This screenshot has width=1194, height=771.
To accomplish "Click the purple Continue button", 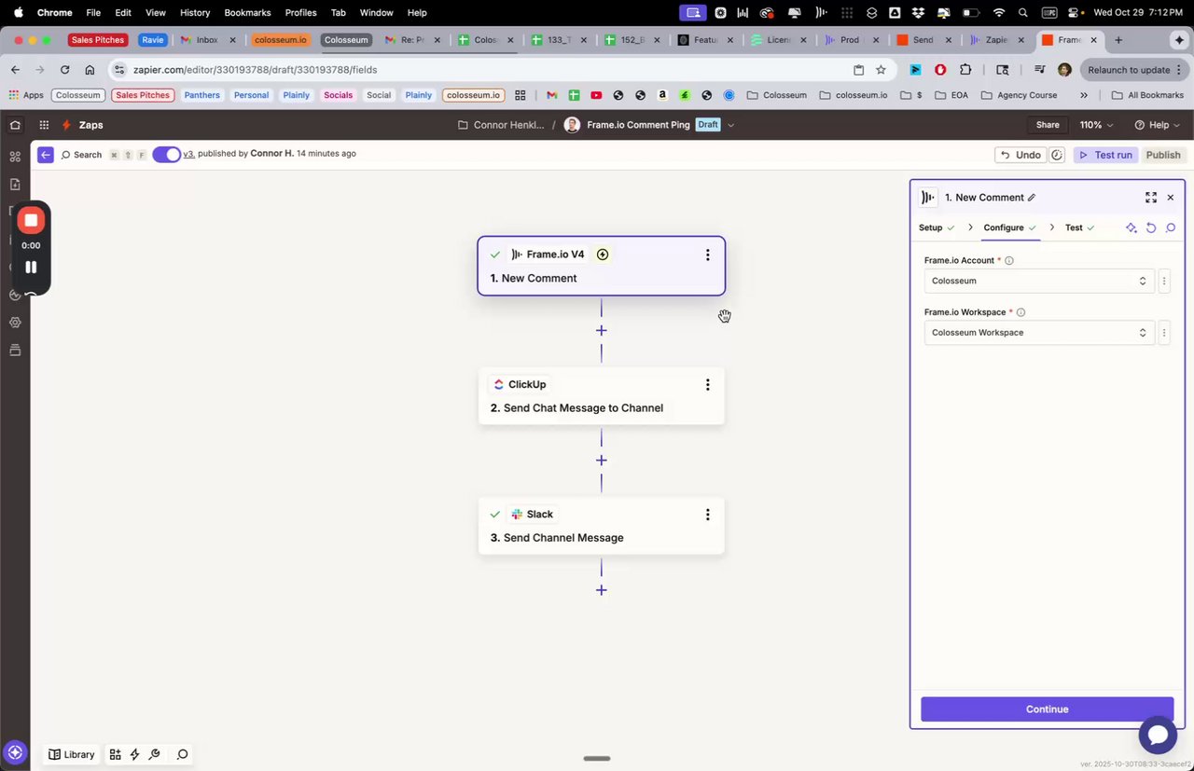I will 1047,709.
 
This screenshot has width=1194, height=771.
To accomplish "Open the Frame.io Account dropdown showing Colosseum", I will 1038,281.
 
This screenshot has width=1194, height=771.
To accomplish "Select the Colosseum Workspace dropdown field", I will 1038,333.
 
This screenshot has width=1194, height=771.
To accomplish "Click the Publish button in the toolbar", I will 1162,155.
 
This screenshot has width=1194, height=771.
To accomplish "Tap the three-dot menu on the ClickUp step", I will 707,384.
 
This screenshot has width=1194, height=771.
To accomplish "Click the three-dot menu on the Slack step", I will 707,514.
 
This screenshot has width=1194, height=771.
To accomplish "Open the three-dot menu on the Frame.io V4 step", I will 707,255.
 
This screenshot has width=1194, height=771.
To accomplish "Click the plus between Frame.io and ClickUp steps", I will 601,330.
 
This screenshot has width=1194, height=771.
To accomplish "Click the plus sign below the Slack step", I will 601,590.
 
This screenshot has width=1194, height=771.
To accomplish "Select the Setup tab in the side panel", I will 931,227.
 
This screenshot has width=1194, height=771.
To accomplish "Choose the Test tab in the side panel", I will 1074,227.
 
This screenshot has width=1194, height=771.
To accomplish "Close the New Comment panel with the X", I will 1171,198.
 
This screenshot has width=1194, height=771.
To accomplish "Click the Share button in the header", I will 1048,125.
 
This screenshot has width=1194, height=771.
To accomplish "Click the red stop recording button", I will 31,220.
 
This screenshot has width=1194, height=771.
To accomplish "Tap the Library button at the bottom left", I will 72,754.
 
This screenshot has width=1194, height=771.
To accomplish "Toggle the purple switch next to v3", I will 166,155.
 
